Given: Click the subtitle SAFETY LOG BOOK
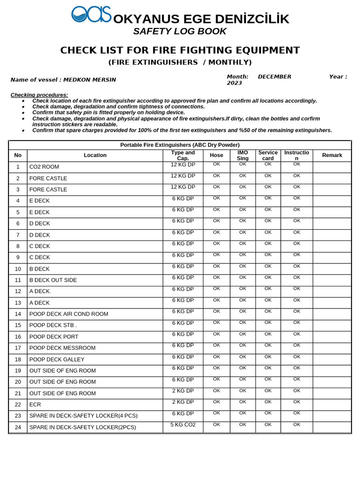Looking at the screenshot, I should tap(180, 31).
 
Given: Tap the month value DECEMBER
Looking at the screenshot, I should tap(274, 76).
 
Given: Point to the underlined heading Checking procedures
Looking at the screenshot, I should tap(39, 95).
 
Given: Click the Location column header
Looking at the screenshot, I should tap(95, 155).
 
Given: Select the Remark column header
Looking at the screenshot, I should tap(332, 155).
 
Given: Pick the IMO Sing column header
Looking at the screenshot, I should tap(242, 155).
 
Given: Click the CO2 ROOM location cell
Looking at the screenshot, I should tap(44, 167).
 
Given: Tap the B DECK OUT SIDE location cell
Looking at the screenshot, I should tap(53, 280).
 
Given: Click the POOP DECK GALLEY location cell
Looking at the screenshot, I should tap(57, 360).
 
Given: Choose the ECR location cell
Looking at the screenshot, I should tap(35, 405).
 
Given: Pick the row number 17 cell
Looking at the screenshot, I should tap(18, 348).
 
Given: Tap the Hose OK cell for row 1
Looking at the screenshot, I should tap(216, 164).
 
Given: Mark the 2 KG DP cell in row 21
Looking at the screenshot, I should tap(183, 390).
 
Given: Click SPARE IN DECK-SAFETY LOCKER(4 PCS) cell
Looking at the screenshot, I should tap(83, 416).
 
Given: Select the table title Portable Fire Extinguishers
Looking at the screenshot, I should tap(180, 145).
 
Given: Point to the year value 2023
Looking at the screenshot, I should tap(234, 83).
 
